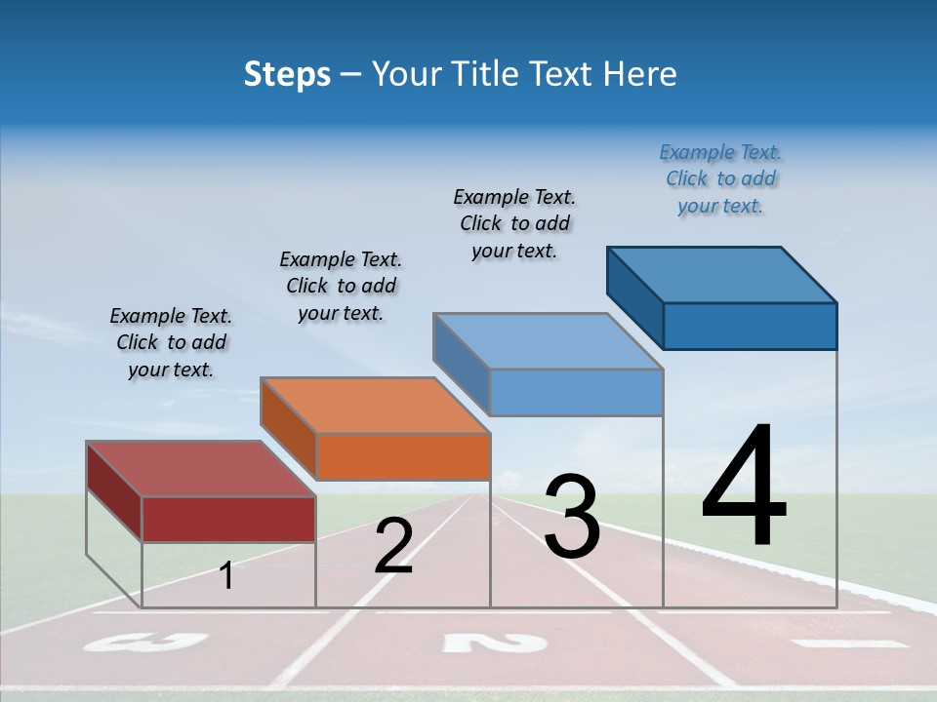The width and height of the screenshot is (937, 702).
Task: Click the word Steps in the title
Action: point(287,74)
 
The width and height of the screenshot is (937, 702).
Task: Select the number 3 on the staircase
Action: point(571,517)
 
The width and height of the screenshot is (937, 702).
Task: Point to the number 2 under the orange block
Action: point(393,547)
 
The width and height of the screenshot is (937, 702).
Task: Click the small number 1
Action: point(226,576)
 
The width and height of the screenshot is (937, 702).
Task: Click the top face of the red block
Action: point(200,469)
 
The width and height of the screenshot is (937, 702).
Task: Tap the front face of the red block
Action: point(228,519)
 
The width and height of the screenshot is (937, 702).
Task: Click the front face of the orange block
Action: point(402,456)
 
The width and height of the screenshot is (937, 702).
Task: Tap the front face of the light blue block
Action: point(576,392)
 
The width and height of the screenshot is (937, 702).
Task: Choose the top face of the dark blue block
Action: point(721,274)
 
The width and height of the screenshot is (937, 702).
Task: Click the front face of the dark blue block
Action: point(750,326)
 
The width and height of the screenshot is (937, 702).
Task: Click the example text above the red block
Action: point(171,342)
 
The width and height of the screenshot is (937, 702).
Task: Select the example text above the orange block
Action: point(341,286)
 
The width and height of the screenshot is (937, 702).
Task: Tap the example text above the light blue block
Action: point(514,223)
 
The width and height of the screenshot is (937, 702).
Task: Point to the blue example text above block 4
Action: point(720,178)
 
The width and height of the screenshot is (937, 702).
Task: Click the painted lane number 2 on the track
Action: point(494,643)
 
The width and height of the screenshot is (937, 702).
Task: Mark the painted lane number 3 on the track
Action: point(146,643)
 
